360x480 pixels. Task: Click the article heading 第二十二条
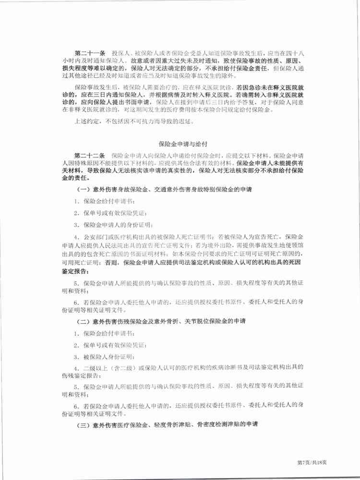pos(91,156)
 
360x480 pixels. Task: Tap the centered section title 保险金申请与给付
pos(180,143)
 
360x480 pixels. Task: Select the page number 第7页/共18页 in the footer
pos(312,462)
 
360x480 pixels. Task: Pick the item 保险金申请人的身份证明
pos(111,225)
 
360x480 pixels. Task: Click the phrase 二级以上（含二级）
pos(108,369)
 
